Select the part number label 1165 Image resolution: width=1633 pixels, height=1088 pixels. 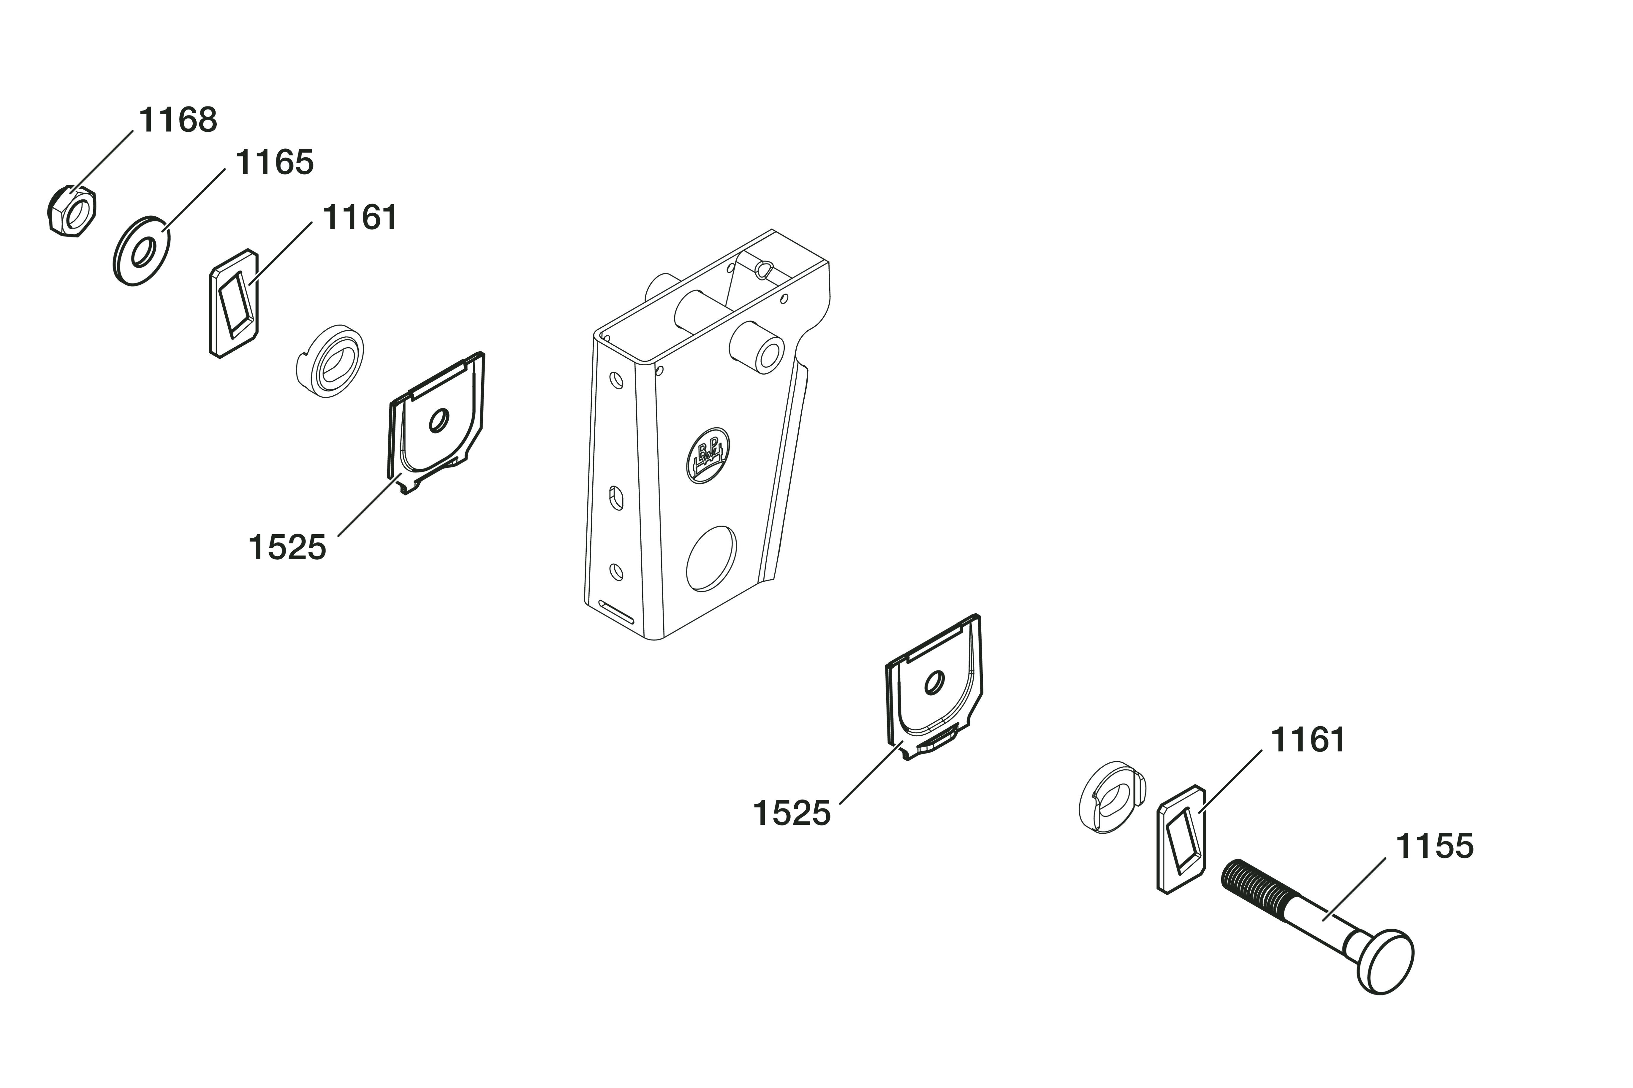tap(275, 162)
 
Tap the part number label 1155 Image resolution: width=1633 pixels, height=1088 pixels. tap(1434, 846)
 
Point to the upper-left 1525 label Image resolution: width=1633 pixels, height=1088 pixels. tap(287, 548)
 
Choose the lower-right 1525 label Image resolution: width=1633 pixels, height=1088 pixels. tap(791, 813)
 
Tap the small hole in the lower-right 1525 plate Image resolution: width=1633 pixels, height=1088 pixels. tap(934, 683)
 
